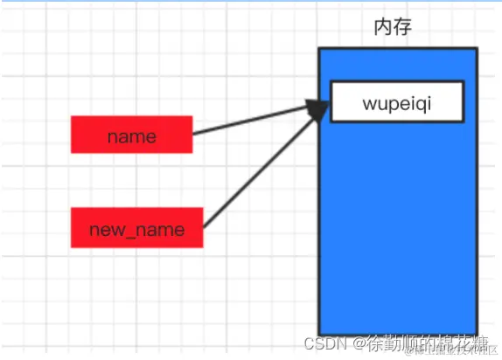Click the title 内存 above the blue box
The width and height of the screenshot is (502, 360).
coord(392,26)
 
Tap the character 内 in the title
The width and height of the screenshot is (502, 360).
coord(382,26)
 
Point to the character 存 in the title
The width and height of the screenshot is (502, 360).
coord(402,26)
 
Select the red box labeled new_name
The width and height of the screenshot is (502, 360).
coord(136,229)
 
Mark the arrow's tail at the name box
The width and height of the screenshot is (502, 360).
coord(194,135)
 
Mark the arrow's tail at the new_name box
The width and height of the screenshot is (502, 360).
coord(205,225)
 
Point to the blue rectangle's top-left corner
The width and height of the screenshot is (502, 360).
coord(319,49)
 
